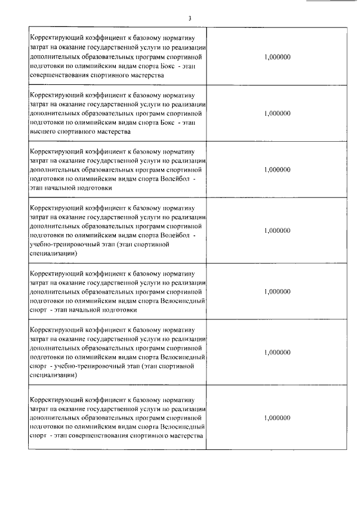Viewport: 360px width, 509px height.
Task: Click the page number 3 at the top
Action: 190,19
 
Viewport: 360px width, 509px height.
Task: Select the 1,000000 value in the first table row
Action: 277,57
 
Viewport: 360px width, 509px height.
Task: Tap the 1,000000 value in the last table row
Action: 277,418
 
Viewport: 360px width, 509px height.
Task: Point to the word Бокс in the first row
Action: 168,66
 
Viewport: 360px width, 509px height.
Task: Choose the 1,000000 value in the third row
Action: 277,169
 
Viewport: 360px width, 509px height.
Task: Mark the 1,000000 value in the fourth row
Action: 277,231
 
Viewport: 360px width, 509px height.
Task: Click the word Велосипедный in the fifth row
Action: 183,301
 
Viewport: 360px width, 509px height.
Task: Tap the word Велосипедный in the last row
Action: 183,427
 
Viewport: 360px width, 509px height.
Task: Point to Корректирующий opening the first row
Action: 55,38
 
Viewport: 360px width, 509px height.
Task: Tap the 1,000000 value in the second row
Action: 277,113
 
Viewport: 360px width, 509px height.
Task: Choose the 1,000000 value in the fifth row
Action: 277,292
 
